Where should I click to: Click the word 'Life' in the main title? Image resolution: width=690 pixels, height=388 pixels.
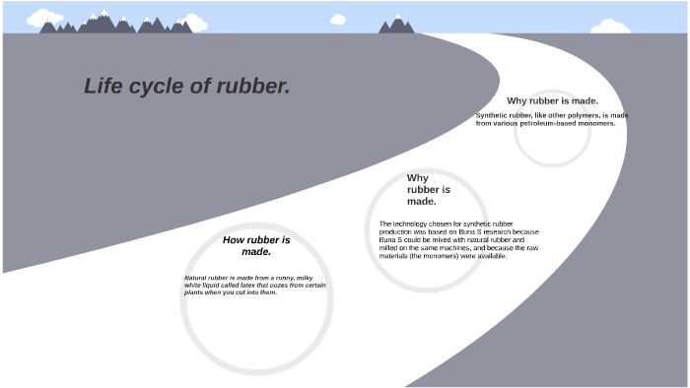[x=103, y=87]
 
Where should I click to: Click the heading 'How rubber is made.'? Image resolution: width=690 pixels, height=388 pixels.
[x=256, y=245]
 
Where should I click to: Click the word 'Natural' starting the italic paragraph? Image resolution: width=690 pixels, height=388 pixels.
[x=196, y=279]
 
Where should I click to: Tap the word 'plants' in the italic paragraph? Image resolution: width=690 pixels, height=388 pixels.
[x=193, y=292]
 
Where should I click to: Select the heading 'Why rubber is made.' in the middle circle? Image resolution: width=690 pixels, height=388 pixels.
[x=428, y=189]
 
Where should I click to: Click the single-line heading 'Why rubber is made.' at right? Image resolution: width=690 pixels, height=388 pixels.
[x=552, y=100]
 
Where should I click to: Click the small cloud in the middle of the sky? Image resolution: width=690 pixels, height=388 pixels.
[x=337, y=19]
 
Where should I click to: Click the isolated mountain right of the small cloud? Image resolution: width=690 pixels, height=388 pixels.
[x=396, y=25]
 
